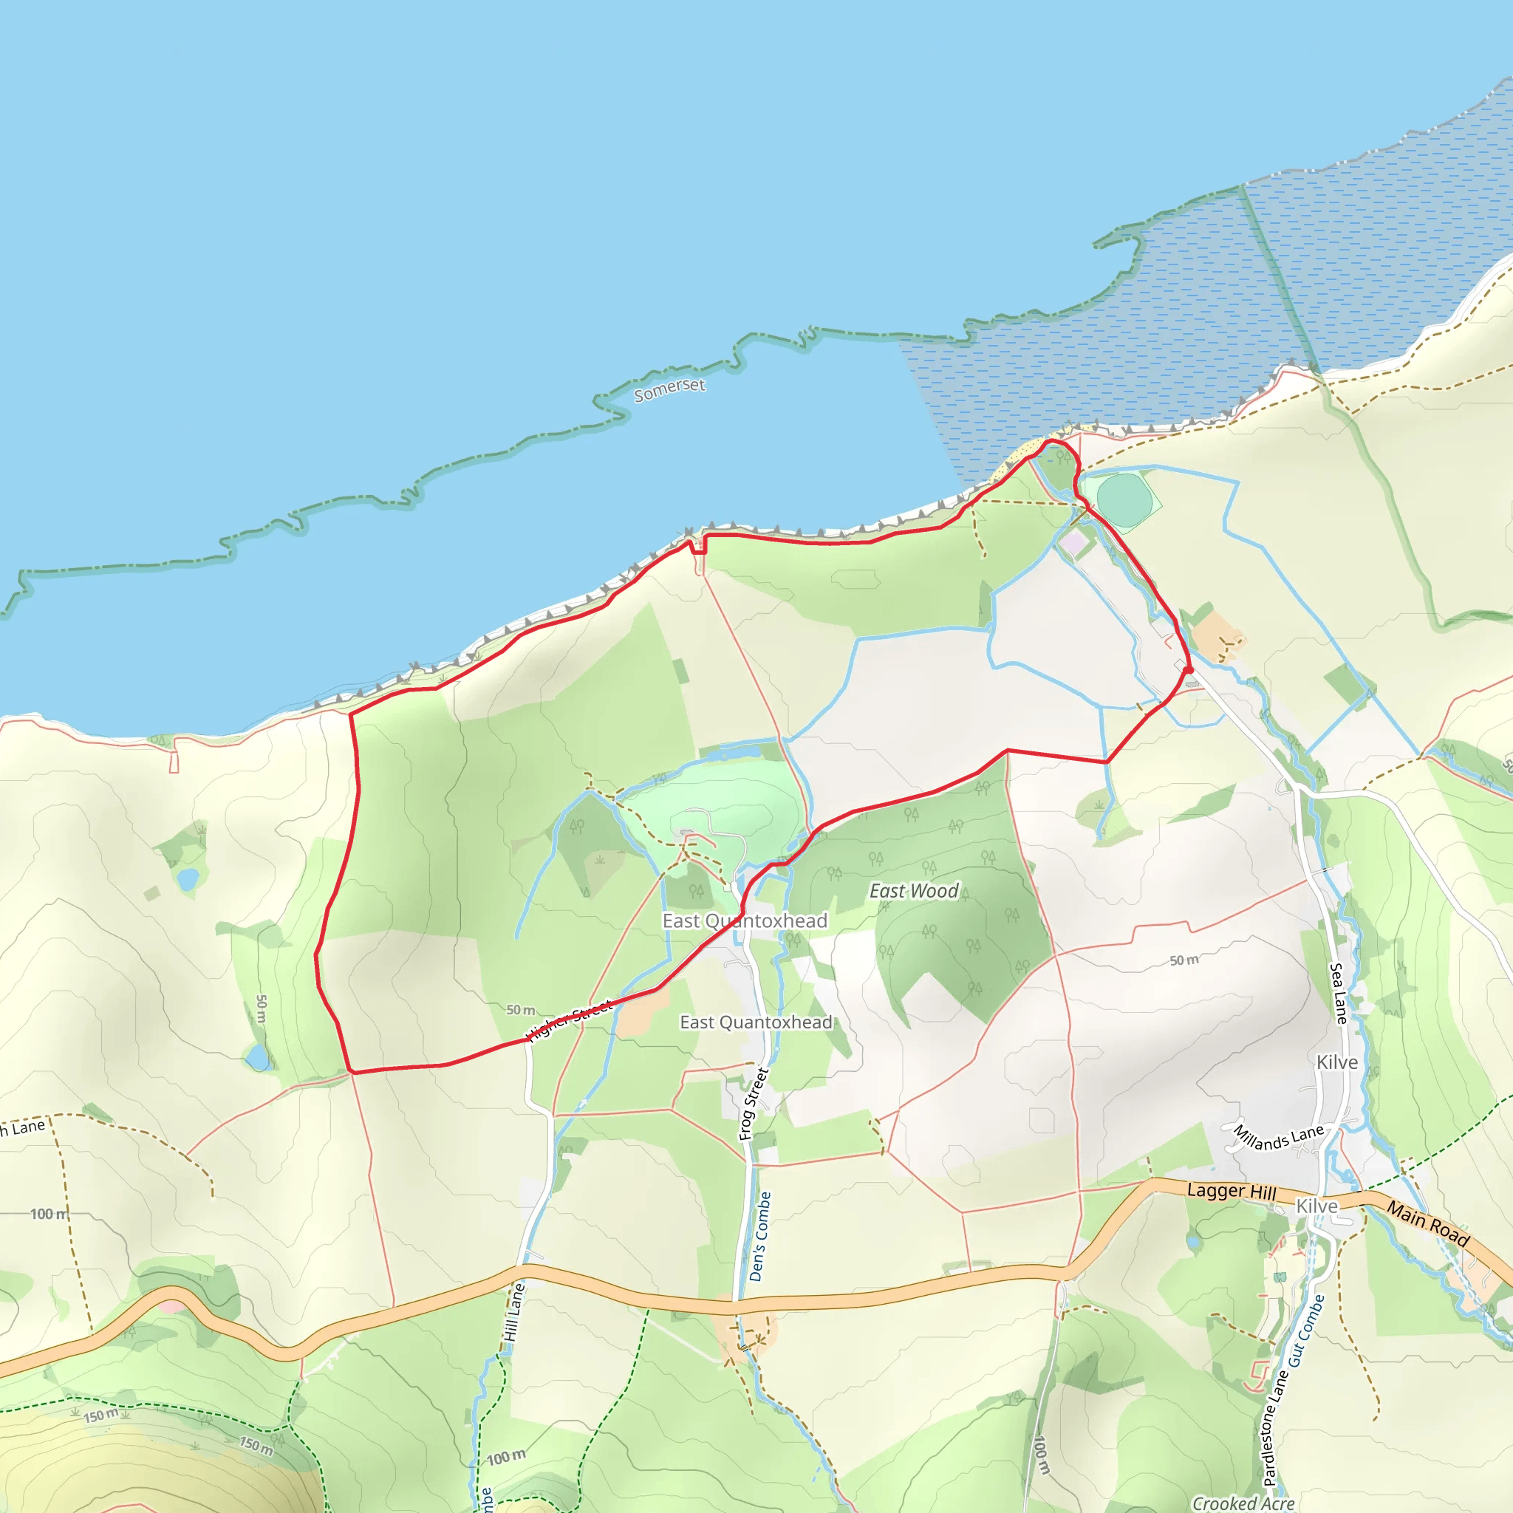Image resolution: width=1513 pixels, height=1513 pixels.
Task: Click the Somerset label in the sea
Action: coord(669,389)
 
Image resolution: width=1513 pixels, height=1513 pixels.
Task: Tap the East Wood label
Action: coord(913,891)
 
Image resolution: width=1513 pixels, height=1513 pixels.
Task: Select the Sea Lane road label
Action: coord(1339,993)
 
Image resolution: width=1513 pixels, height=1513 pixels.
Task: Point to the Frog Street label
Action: coord(754,1104)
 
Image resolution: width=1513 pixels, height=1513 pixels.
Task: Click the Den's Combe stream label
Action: coord(759,1237)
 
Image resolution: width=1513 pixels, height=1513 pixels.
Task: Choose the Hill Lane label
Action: coord(513,1313)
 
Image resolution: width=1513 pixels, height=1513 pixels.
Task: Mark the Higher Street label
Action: coord(570,1021)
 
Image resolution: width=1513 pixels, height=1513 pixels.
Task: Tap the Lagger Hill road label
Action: coord(1231,1191)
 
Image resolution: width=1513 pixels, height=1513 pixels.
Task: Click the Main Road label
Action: coord(1427,1223)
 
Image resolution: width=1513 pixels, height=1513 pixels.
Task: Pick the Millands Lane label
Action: coord(1278,1137)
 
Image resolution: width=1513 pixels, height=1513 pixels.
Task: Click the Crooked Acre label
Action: coord(1243,1503)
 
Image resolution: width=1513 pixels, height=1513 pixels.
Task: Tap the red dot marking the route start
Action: coord(1188,669)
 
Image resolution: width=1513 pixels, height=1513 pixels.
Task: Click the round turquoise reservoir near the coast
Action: coord(1123,499)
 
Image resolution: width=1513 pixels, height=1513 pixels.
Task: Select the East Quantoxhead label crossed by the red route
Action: coord(744,921)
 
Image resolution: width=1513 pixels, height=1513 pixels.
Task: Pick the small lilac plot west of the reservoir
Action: coord(1071,542)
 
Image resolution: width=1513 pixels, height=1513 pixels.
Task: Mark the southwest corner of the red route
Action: coord(351,1070)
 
